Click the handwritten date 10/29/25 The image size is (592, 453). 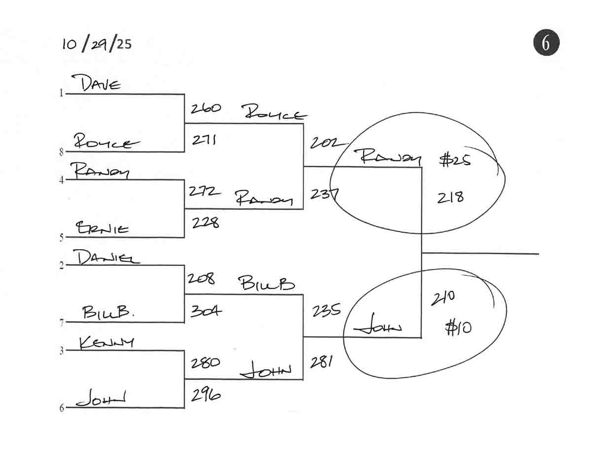tap(97, 44)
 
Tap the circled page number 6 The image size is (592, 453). tap(546, 43)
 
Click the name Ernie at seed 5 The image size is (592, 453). tap(102, 228)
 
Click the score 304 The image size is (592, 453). tap(206, 311)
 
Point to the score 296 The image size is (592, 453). tap(205, 395)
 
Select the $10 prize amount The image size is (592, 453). tap(457, 328)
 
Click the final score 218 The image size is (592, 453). tap(450, 198)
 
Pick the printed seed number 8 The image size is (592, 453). tap(62, 152)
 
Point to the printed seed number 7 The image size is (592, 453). tap(62, 323)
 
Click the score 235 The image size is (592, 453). tap(326, 310)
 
